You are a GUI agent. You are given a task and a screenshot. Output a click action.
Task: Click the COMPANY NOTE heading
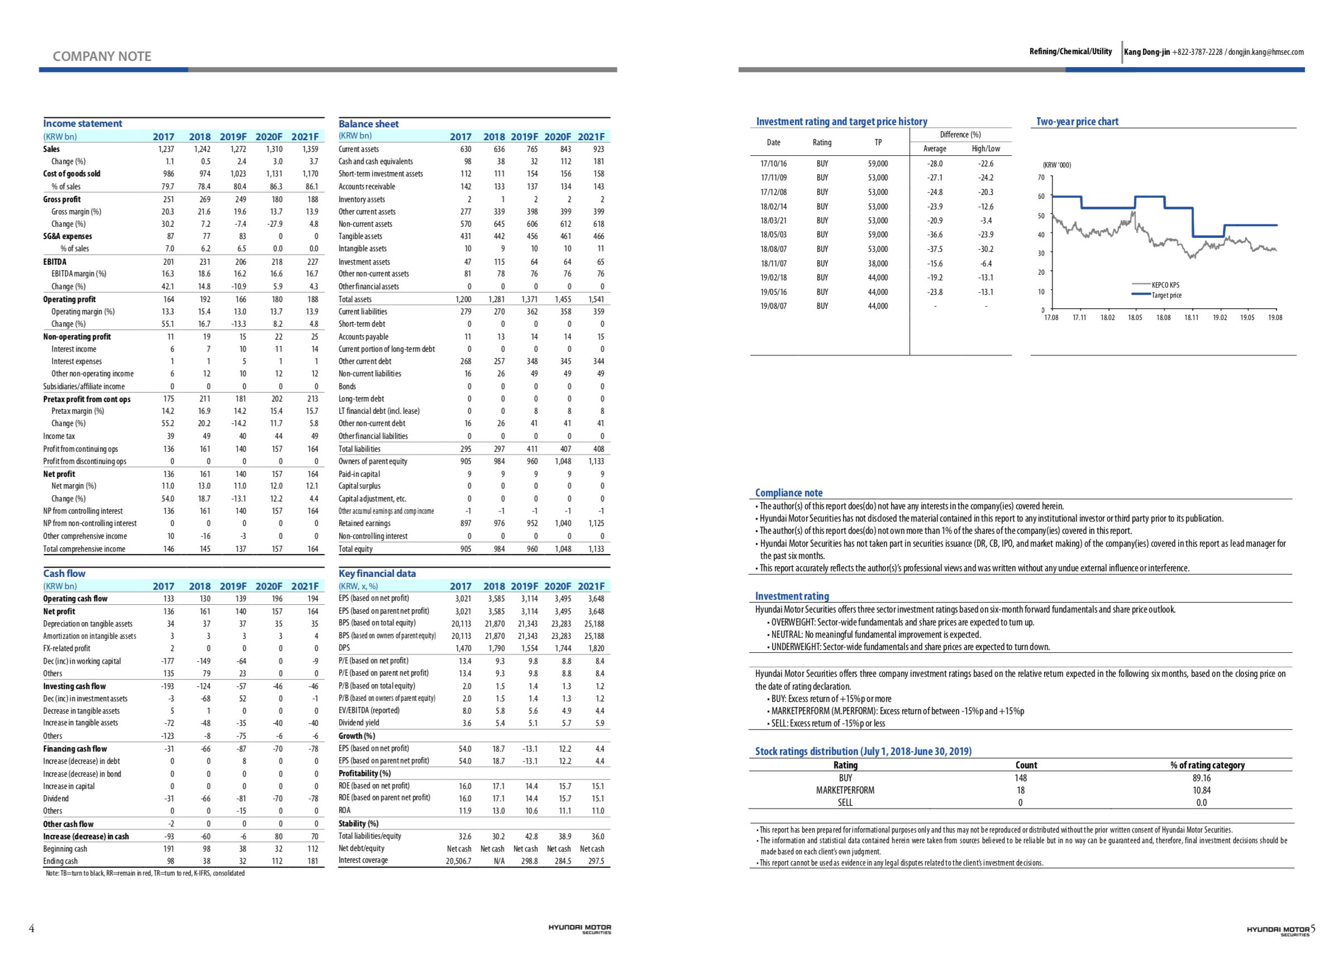coord(102,56)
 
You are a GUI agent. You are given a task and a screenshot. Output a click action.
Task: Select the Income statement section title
coord(83,123)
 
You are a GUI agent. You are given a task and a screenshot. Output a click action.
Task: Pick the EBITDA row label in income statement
coord(55,262)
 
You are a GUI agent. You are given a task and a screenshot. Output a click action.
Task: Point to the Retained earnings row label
coord(364,523)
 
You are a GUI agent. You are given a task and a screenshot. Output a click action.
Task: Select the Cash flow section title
coord(64,573)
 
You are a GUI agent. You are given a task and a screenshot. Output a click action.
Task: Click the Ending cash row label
coord(60,861)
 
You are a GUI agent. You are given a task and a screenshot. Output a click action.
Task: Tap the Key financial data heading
coord(376,573)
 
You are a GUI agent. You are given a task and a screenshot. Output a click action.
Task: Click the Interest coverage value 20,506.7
coord(458,861)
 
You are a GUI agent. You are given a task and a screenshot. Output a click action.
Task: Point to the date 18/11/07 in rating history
coord(773,264)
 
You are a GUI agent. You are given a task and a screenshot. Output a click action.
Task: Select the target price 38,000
coord(877,264)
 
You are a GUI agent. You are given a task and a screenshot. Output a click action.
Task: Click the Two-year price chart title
coord(1077,122)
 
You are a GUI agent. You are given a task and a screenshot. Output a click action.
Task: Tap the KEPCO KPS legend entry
coord(1165,285)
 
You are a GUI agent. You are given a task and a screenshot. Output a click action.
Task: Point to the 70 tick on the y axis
coord(1041,178)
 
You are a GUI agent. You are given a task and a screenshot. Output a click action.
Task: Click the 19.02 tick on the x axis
coord(1219,318)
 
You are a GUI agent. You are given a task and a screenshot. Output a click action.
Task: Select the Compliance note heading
coord(788,493)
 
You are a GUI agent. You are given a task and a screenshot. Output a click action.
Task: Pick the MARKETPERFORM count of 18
coord(1020,791)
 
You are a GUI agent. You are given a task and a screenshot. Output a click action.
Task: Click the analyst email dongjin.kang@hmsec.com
coord(1266,52)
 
